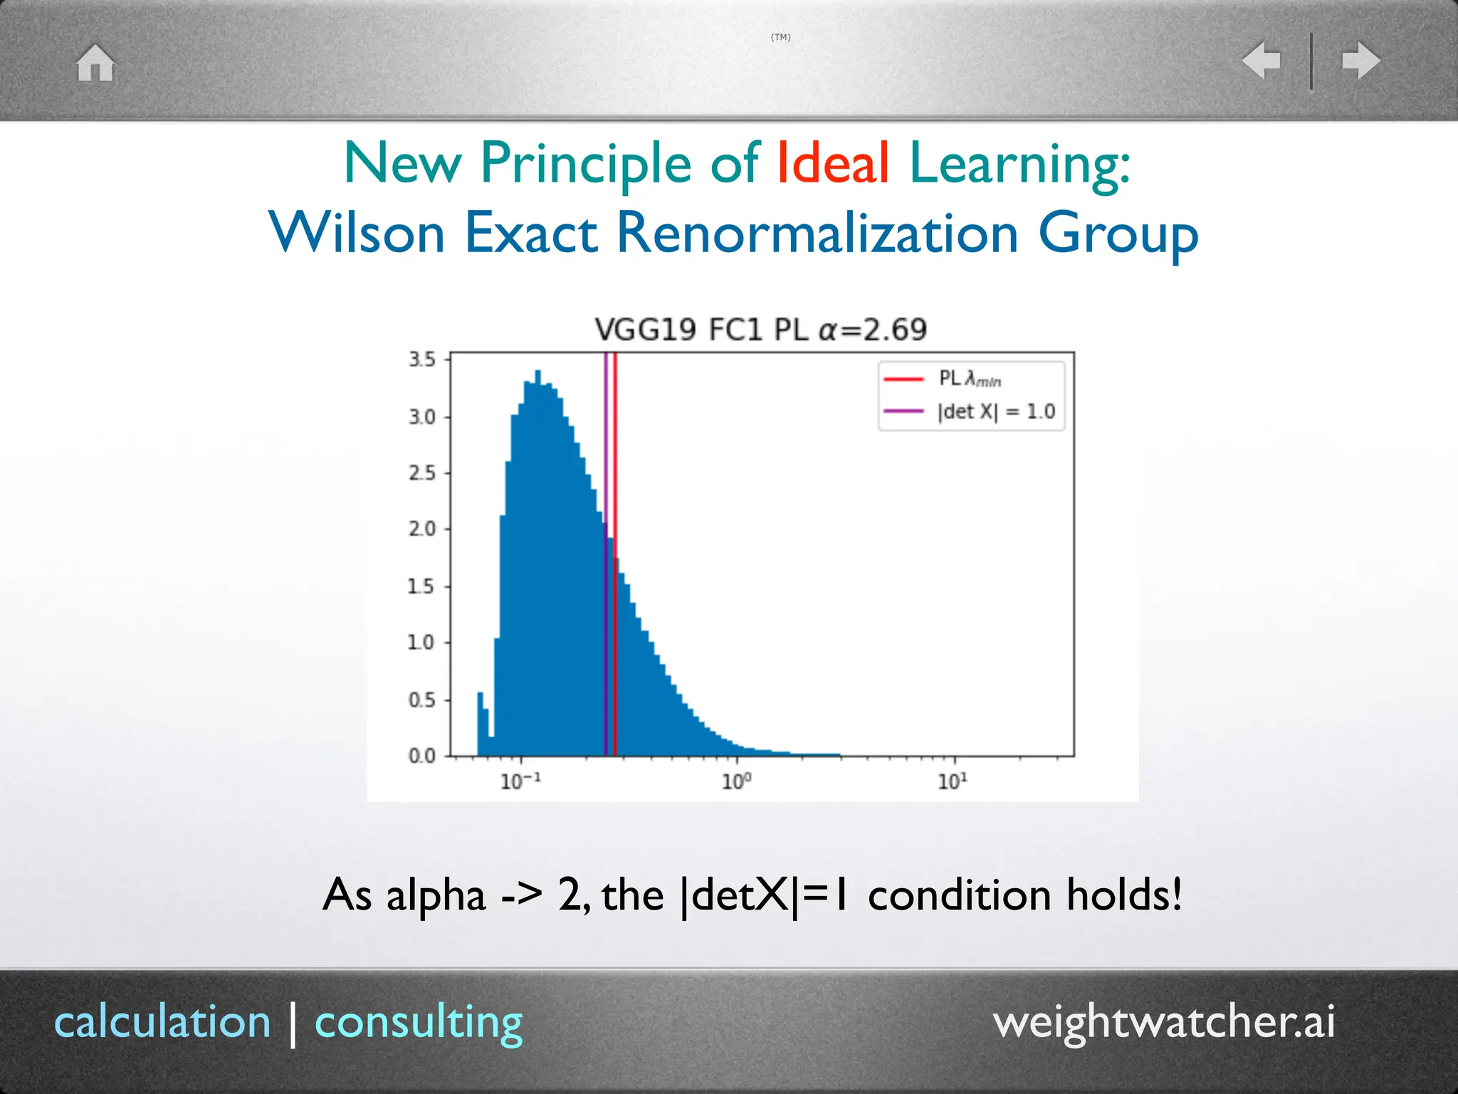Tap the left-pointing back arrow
pyautogui.click(x=1262, y=60)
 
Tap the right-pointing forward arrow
pyautogui.click(x=1360, y=60)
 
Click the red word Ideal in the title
pyautogui.click(x=832, y=163)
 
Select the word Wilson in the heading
pyautogui.click(x=357, y=234)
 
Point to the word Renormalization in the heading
pyautogui.click(x=817, y=234)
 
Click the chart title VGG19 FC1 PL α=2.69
pyautogui.click(x=760, y=330)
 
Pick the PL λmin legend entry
pyautogui.click(x=968, y=379)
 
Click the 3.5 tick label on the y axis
pyautogui.click(x=421, y=360)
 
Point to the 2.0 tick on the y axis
pyautogui.click(x=421, y=529)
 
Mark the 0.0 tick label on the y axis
pyautogui.click(x=421, y=756)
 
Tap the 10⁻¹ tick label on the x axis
pyautogui.click(x=520, y=782)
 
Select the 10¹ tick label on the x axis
pyautogui.click(x=952, y=782)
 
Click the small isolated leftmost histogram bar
pyautogui.click(x=481, y=723)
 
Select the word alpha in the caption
pyautogui.click(x=436, y=895)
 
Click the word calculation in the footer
pyautogui.click(x=163, y=1022)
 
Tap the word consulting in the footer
pyautogui.click(x=419, y=1022)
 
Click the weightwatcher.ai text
pyautogui.click(x=1163, y=1022)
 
